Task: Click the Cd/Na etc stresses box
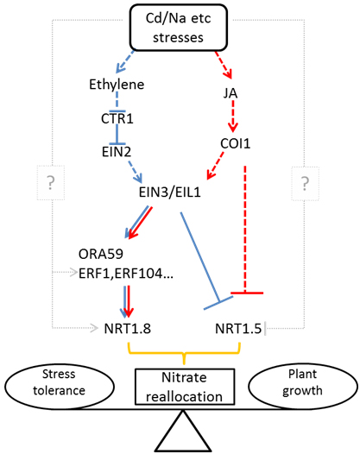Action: pos(178,28)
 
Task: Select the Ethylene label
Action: pos(117,85)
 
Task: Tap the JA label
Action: pos(231,93)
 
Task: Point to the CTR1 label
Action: pos(117,119)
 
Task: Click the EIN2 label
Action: pos(117,152)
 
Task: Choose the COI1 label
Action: pos(235,143)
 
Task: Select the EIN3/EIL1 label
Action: pos(170,192)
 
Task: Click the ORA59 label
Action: pos(101,254)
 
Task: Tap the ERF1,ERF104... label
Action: pos(126,273)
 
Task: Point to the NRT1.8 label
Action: pos(128,329)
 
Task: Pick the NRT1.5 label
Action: pos(238,329)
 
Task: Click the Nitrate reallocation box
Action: pos(185,387)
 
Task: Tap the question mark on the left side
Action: pos(51,182)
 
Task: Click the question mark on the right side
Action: pos(305,183)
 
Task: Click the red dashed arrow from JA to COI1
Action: pos(233,116)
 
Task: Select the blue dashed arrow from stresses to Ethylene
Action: pos(125,62)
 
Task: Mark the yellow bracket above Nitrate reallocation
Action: pos(184,353)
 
